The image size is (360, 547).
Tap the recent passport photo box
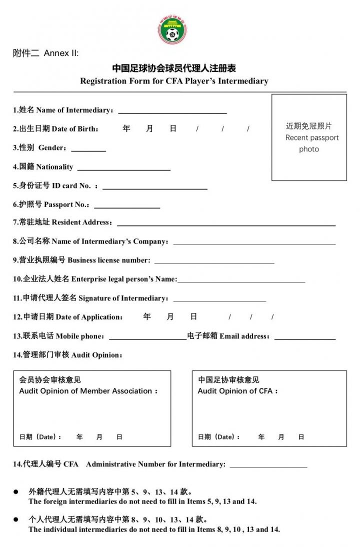[309, 137]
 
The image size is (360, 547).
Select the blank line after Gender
[88, 150]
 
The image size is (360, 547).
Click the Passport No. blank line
[127, 206]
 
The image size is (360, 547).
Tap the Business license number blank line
[214, 262]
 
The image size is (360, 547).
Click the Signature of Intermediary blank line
[219, 300]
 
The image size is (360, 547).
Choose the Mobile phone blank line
[147, 338]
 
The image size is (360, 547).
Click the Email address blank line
[305, 338]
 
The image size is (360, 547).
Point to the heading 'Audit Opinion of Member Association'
[88, 391]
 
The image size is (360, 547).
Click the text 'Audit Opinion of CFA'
[237, 391]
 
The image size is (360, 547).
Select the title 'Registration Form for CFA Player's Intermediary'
[174, 81]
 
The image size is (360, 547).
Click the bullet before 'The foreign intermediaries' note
[16, 492]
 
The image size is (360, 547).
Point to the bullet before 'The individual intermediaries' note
[16, 520]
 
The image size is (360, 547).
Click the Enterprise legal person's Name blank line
[241, 281]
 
